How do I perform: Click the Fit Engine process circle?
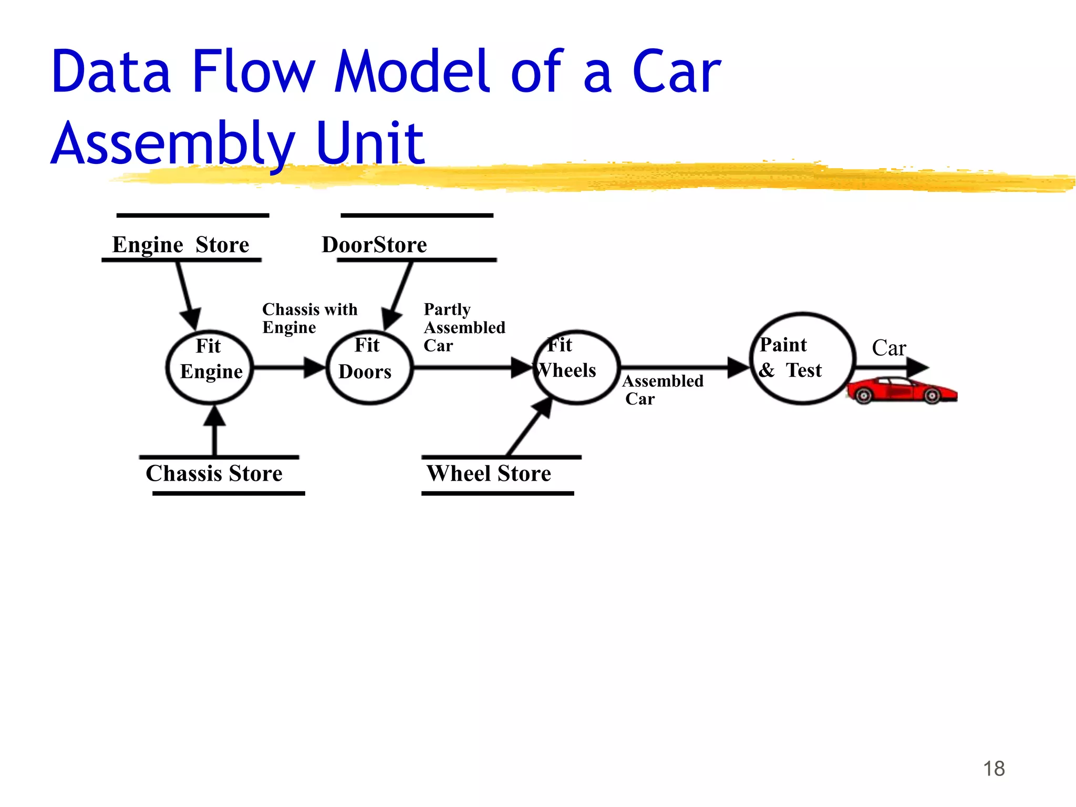[210, 368]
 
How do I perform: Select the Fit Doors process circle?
[369, 368]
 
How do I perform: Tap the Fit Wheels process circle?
[577, 368]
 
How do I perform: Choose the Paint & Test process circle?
[802, 359]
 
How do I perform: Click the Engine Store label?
[181, 245]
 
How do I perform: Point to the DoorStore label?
[374, 245]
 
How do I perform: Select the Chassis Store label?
[214, 473]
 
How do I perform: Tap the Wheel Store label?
[489, 473]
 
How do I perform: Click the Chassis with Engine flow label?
[309, 318]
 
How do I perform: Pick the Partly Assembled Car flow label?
[464, 327]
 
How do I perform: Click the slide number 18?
[994, 769]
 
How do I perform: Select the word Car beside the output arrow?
[889, 348]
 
